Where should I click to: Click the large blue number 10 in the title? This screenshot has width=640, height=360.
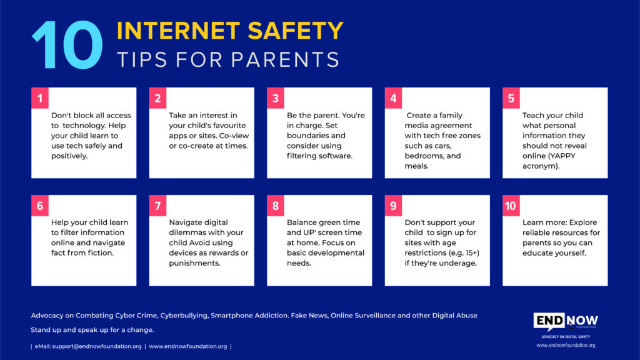click(x=67, y=45)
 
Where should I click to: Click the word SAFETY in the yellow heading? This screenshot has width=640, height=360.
click(x=296, y=31)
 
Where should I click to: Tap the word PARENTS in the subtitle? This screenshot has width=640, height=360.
click(x=285, y=59)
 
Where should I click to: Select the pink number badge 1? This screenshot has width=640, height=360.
click(x=40, y=98)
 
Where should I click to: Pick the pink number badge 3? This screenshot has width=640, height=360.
click(x=276, y=98)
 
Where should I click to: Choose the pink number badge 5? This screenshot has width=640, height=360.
click(x=511, y=98)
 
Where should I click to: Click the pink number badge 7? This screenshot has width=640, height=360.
click(x=157, y=206)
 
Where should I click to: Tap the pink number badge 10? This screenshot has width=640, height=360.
click(x=511, y=206)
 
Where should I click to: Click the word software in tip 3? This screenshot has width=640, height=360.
click(x=334, y=156)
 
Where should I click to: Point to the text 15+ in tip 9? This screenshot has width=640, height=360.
click(x=472, y=253)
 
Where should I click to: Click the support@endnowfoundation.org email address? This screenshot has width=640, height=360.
click(x=97, y=346)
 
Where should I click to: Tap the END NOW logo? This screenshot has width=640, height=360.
click(x=566, y=322)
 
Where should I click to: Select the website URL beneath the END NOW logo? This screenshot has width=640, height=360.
click(x=566, y=345)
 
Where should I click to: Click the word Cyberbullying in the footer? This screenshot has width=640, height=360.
click(x=184, y=316)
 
